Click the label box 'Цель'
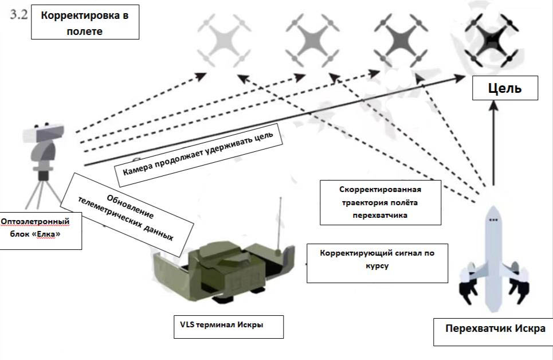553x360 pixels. click(x=504, y=89)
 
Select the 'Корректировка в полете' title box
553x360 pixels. click(x=84, y=23)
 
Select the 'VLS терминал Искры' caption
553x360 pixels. click(x=221, y=325)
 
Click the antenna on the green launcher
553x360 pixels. click(x=280, y=224)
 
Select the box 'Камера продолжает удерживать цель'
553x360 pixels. click(x=198, y=153)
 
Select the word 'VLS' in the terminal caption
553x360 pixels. click(x=188, y=325)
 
